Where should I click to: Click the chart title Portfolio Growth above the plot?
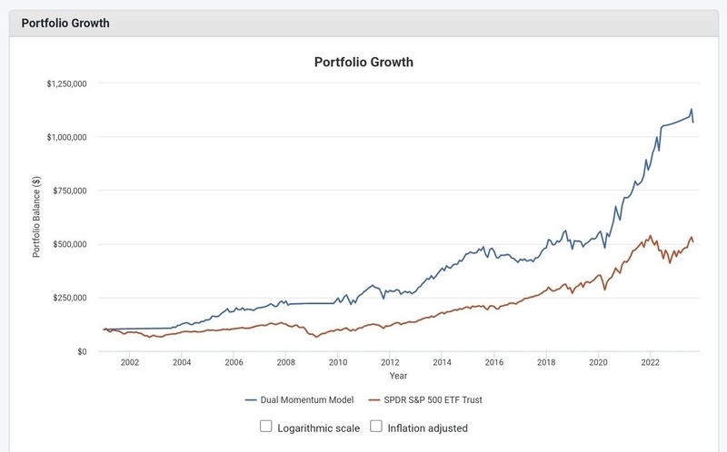tap(363, 63)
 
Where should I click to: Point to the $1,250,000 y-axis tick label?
tap(65, 84)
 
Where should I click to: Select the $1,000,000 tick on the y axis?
tap(65, 137)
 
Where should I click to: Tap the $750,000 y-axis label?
tap(68, 191)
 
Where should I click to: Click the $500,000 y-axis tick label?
tap(68, 244)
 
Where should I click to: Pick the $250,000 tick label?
tap(68, 298)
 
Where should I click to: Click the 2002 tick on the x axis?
tap(129, 362)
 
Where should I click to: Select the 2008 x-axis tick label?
tap(285, 362)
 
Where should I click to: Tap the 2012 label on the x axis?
tap(390, 362)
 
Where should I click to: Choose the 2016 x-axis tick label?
tap(494, 362)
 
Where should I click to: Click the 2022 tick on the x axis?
tap(651, 362)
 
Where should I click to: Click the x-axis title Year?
tap(398, 375)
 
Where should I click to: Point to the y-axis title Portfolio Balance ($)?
tap(37, 217)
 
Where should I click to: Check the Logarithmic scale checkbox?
tap(266, 427)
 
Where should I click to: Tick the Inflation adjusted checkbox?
tap(375, 427)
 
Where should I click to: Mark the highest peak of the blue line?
tap(691, 110)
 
